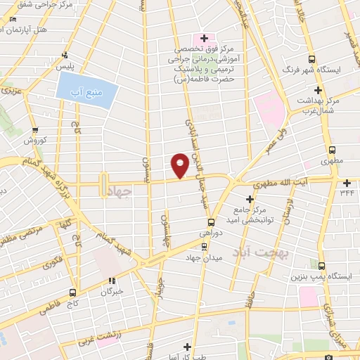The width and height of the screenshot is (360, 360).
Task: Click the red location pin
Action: [x=180, y=165]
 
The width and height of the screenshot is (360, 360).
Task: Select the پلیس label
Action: [x=65, y=65]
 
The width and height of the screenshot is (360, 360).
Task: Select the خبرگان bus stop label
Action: [x=111, y=290]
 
